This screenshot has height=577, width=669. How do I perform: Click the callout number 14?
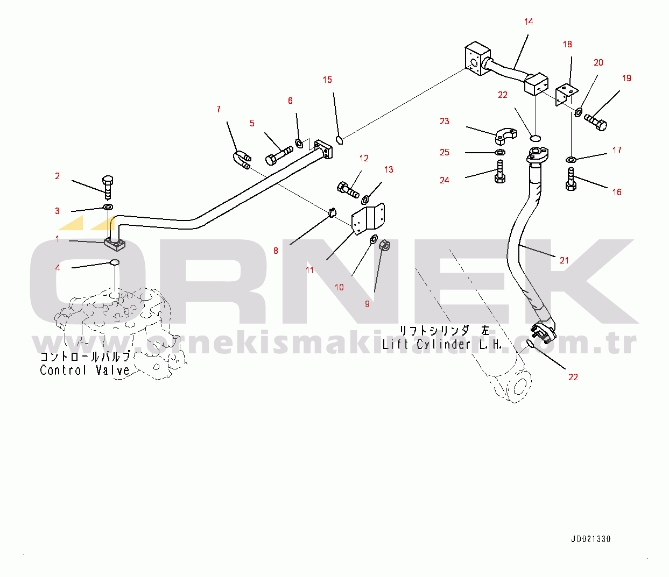click(529, 22)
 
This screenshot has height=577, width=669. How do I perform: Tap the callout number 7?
click(219, 110)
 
